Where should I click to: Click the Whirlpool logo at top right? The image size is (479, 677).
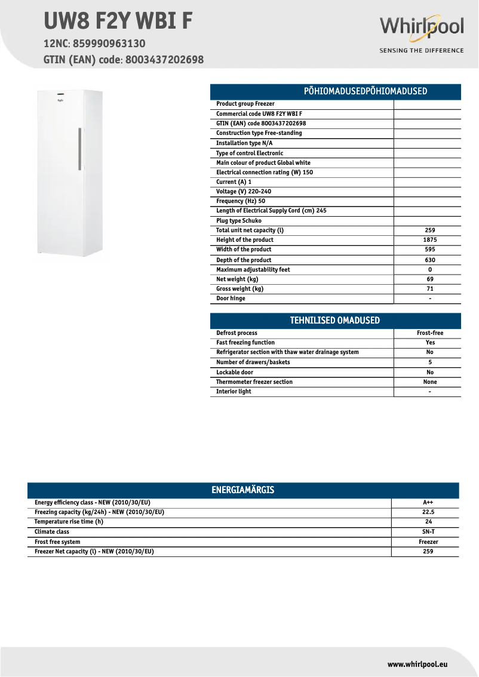(422, 27)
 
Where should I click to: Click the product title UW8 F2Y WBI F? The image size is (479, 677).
(118, 20)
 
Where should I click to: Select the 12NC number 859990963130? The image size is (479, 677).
(109, 44)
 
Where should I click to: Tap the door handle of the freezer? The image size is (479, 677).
(79, 148)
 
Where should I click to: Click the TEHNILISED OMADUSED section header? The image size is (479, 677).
(335, 321)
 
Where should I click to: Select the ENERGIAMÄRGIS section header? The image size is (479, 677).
(243, 490)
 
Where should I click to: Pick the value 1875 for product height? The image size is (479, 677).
(430, 240)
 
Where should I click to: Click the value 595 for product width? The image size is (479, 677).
(430, 250)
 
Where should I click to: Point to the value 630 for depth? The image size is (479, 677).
(430, 260)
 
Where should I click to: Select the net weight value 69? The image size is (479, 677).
(430, 279)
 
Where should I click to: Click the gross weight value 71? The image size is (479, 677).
(430, 289)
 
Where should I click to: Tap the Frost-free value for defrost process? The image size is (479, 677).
(430, 333)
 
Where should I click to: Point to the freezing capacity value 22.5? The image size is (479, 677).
(428, 512)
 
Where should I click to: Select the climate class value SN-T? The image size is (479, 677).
(428, 531)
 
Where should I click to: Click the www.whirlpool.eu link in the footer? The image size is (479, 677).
(417, 664)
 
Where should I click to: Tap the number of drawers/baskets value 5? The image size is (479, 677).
(430, 362)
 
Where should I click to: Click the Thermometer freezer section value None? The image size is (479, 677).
(430, 382)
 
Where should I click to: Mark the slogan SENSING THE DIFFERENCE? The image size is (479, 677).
(422, 51)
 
